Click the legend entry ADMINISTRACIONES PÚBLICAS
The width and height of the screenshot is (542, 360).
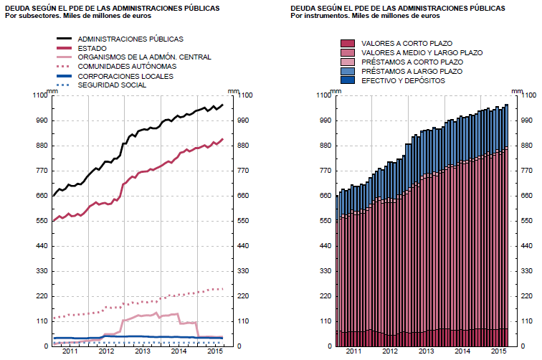(x=130, y=39)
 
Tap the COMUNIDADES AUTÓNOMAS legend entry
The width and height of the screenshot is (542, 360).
(x=128, y=67)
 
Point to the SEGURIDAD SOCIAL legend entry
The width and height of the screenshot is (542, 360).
(x=112, y=85)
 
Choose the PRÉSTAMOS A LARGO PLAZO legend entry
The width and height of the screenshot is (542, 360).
(x=412, y=72)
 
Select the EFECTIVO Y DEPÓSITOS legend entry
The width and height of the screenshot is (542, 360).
(x=404, y=81)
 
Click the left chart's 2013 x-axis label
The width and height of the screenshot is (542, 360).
(x=142, y=352)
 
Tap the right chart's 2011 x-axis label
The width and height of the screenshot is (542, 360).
(x=353, y=352)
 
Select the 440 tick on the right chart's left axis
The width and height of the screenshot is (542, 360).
(x=324, y=246)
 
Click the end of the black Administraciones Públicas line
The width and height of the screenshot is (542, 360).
(x=223, y=105)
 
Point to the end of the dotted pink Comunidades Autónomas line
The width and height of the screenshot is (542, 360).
(x=223, y=289)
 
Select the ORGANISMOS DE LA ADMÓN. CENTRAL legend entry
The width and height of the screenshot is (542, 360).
(x=135, y=57)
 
